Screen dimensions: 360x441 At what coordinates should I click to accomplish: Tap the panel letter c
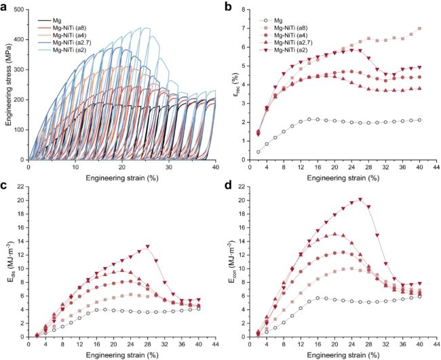(5, 186)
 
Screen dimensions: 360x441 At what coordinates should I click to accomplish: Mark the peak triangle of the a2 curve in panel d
(360, 200)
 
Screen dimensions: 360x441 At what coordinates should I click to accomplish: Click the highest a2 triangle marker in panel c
(147, 247)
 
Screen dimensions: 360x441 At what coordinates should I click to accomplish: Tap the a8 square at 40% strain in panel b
(419, 28)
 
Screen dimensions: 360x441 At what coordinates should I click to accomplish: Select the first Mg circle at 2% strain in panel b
(258, 152)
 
